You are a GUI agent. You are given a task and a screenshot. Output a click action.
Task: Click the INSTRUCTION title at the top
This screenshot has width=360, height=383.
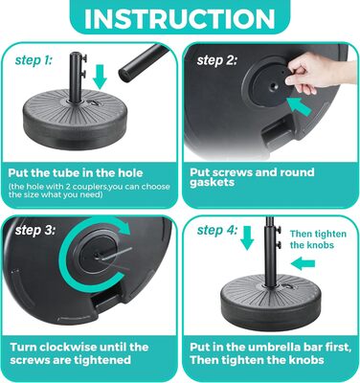tap(180, 19)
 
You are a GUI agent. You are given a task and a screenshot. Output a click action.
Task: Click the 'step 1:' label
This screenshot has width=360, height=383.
tap(34, 60)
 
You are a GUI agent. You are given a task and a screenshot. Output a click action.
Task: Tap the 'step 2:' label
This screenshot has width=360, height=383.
tap(217, 60)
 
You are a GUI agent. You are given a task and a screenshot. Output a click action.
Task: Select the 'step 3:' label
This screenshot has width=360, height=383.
tap(35, 230)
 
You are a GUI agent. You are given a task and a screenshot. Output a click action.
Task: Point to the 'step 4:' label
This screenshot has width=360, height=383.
tap(217, 230)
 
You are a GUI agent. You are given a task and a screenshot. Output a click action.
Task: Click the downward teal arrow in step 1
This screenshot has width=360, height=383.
tap(101, 77)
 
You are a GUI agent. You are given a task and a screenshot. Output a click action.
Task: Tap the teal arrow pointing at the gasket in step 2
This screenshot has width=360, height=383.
tap(299, 106)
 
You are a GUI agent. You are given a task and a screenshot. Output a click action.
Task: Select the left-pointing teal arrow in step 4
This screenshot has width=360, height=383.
tap(303, 264)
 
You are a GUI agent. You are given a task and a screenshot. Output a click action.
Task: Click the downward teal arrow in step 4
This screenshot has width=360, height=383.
tap(247, 237)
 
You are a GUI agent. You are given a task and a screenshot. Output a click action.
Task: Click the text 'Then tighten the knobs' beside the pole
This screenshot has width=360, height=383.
tap(318, 239)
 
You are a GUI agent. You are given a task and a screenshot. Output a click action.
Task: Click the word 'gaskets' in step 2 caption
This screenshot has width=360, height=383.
tap(212, 183)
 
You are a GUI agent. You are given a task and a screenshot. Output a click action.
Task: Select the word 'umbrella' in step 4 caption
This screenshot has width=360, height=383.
tap(281, 347)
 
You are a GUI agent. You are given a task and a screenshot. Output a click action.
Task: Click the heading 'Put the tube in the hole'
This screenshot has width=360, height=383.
tap(76, 173)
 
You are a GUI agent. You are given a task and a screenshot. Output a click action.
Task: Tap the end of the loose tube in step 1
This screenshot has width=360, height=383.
tap(124, 75)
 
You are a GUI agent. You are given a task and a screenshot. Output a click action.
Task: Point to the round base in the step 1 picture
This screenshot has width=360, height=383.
tap(75, 120)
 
